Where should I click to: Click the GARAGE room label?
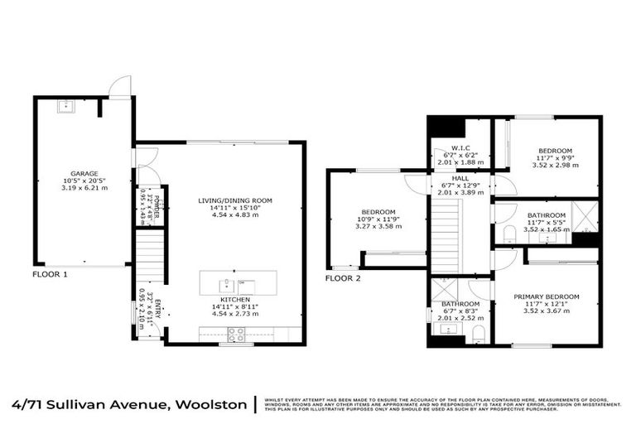tap(84, 173)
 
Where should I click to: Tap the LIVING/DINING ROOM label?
tap(235, 200)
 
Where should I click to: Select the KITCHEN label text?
tap(235, 299)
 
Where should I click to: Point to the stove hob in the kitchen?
tap(235, 335)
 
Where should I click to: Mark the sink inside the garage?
tap(64, 106)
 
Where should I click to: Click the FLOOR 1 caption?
tap(51, 272)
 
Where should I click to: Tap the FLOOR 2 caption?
tap(343, 278)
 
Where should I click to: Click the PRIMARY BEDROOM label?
tap(546, 296)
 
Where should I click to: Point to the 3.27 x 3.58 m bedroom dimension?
tap(378, 226)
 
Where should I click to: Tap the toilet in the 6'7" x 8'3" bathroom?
tap(478, 334)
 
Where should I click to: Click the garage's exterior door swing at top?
tap(121, 85)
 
